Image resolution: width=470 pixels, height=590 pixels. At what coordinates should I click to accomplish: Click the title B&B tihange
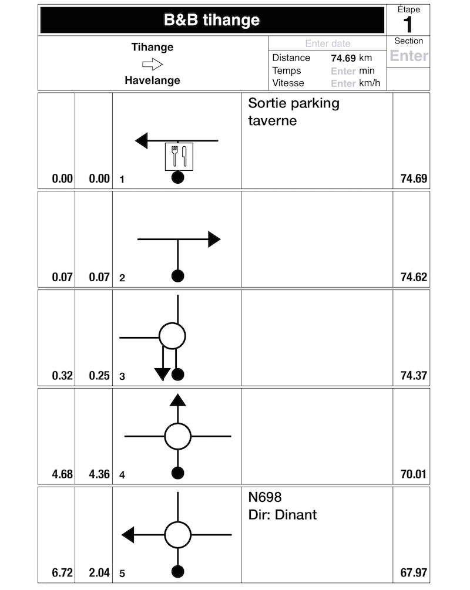point(211,21)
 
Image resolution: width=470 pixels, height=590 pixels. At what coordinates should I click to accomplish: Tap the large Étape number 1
point(408,25)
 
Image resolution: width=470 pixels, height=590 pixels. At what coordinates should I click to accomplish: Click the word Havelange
point(152,80)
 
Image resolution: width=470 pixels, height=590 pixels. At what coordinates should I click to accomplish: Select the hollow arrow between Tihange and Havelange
point(152,64)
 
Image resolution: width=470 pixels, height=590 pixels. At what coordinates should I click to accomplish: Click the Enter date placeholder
point(327,43)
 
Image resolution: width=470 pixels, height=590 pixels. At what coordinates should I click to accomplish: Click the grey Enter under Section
point(409,56)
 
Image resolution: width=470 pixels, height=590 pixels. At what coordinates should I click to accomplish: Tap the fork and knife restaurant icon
point(178,156)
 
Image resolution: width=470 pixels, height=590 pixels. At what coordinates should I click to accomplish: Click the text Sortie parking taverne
point(294,112)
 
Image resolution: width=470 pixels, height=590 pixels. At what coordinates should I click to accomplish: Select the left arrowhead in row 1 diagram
point(142,141)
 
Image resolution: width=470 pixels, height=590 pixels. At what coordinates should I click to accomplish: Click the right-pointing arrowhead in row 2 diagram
point(214,239)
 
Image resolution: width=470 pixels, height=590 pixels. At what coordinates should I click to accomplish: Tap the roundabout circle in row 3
point(172,336)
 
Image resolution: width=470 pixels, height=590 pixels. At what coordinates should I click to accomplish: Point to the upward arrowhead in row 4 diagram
point(178,400)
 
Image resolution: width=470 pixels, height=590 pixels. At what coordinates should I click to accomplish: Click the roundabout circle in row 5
point(178,535)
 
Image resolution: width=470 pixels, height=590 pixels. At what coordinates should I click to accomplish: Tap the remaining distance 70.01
point(414,474)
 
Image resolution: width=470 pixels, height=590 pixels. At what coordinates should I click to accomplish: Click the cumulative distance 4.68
point(62,474)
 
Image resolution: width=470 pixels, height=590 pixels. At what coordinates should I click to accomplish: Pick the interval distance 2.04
point(99,573)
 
